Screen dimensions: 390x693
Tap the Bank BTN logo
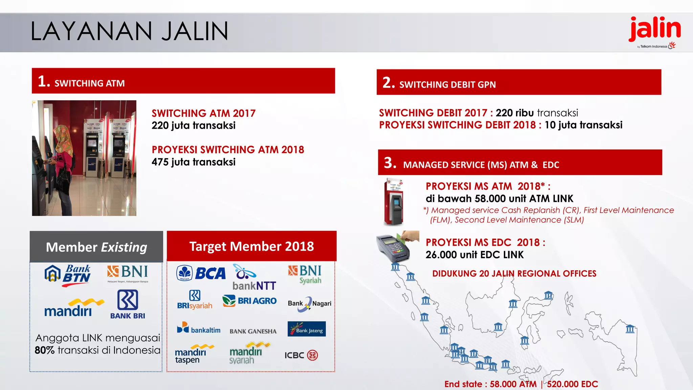pyautogui.click(x=68, y=275)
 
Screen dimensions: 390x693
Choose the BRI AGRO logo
pyautogui.click(x=249, y=301)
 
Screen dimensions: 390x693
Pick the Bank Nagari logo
pyautogui.click(x=309, y=303)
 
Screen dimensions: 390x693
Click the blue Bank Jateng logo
pyautogui.click(x=307, y=329)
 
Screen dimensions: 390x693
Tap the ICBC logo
pyautogui.click(x=301, y=355)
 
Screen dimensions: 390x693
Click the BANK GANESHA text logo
pyautogui.click(x=253, y=331)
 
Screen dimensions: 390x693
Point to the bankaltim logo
pyautogui.click(x=199, y=328)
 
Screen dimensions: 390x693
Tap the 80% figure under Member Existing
pyautogui.click(x=45, y=350)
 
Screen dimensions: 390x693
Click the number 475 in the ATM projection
pyautogui.click(x=160, y=162)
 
